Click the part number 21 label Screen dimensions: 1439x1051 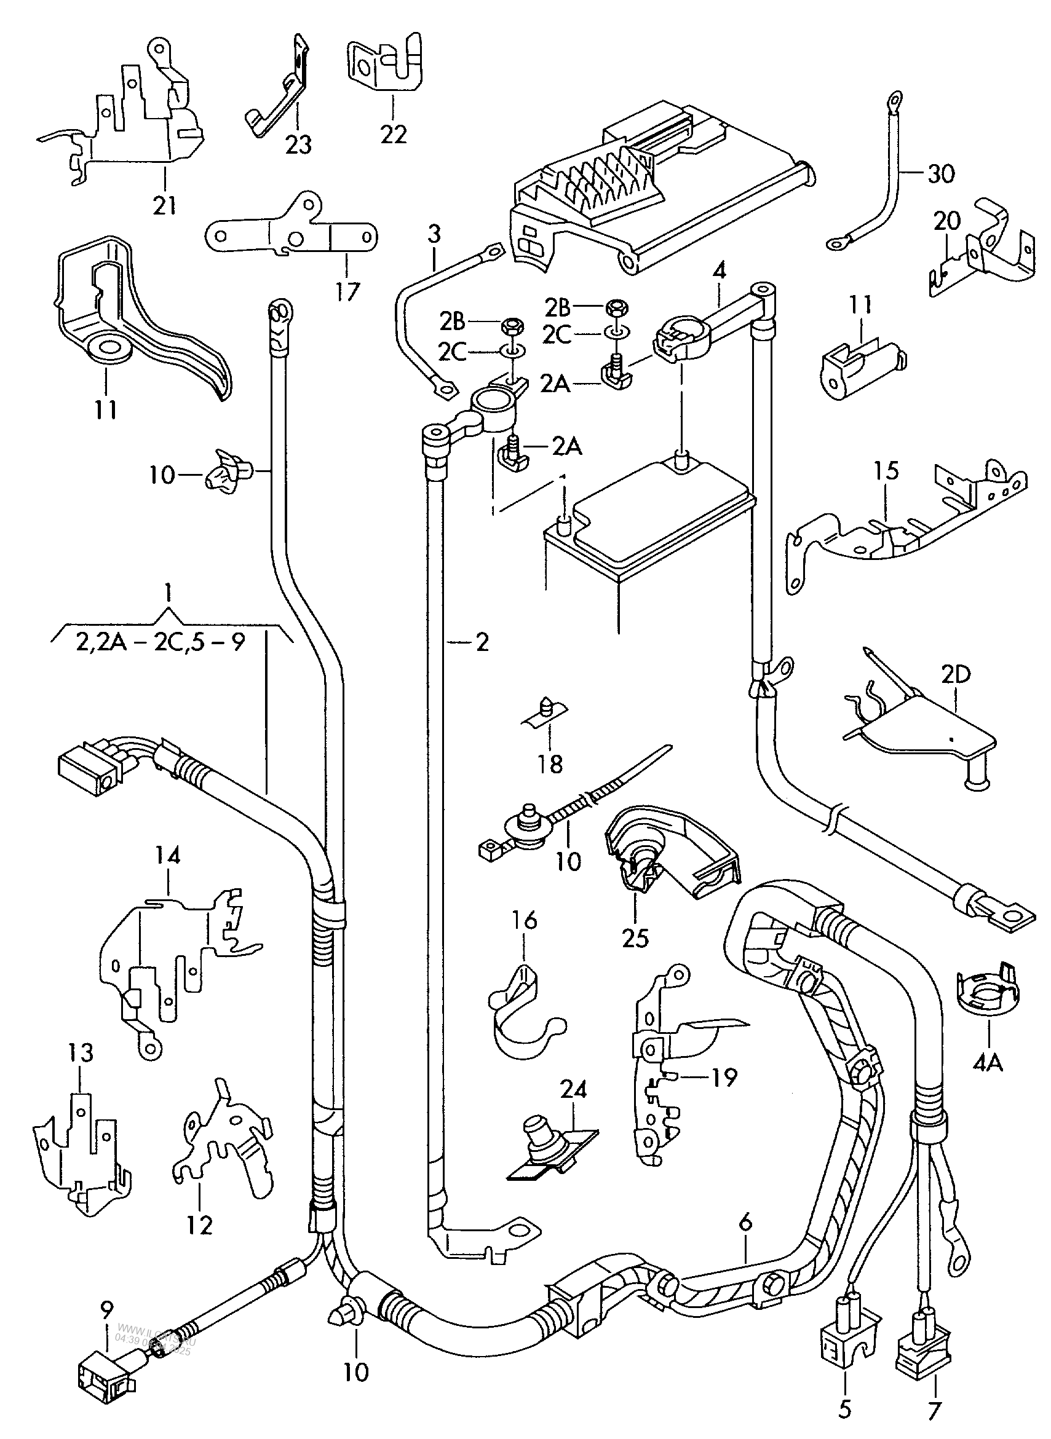coord(164,206)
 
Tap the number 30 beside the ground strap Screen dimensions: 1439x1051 coord(941,173)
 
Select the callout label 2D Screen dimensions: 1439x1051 coord(955,675)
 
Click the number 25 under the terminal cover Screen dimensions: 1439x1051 coord(635,938)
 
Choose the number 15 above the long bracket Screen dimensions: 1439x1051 coord(886,471)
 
